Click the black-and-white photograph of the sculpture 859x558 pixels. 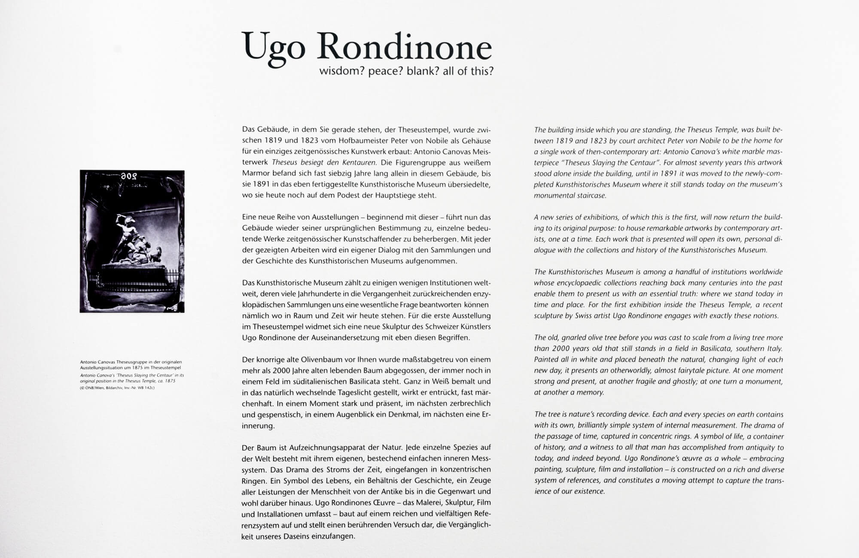[x=132, y=241]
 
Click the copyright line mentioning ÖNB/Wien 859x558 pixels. [x=117, y=388]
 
